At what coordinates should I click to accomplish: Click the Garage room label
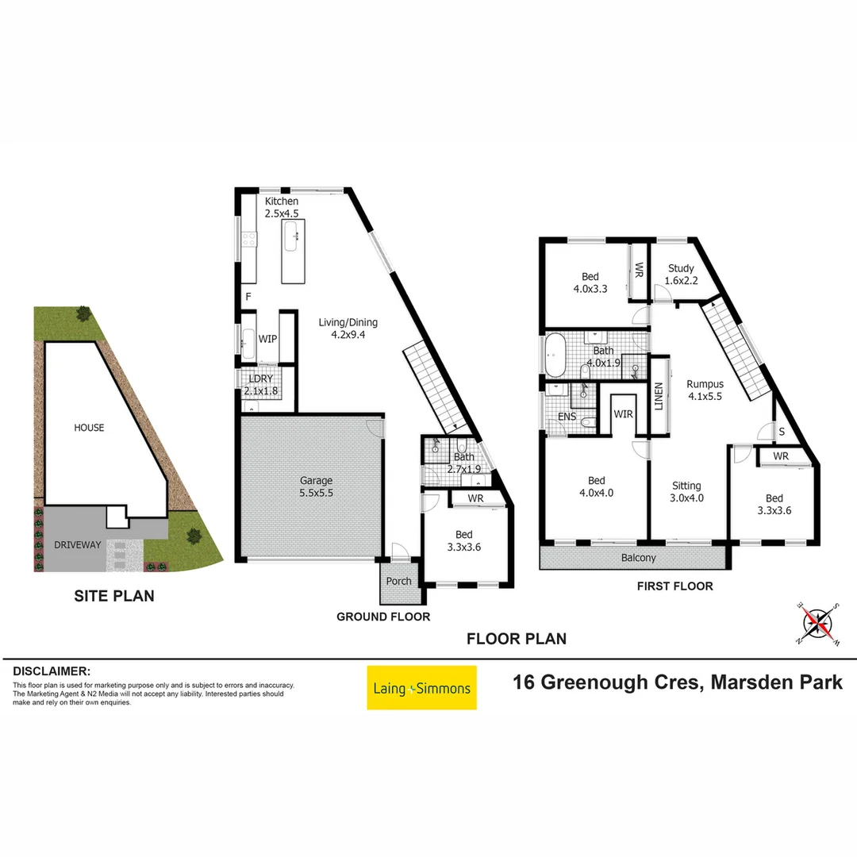click(x=316, y=480)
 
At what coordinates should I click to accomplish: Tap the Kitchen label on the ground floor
click(x=282, y=202)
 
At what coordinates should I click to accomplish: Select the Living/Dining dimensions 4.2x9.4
click(x=348, y=335)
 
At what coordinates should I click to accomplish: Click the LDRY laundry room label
click(x=260, y=379)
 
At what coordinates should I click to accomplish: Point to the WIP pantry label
click(x=268, y=339)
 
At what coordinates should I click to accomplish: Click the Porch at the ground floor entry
click(x=398, y=581)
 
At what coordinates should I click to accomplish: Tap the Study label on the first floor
click(x=681, y=268)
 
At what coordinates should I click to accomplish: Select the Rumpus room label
click(x=705, y=384)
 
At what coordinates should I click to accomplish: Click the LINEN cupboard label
click(x=658, y=397)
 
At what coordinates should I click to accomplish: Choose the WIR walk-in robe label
click(x=622, y=413)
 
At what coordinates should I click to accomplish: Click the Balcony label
click(x=639, y=558)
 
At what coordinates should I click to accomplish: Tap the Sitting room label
click(x=686, y=486)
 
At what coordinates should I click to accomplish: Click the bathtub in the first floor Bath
click(x=554, y=355)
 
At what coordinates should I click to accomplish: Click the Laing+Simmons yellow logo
click(x=421, y=688)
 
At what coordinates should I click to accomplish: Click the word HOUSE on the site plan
click(x=89, y=428)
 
